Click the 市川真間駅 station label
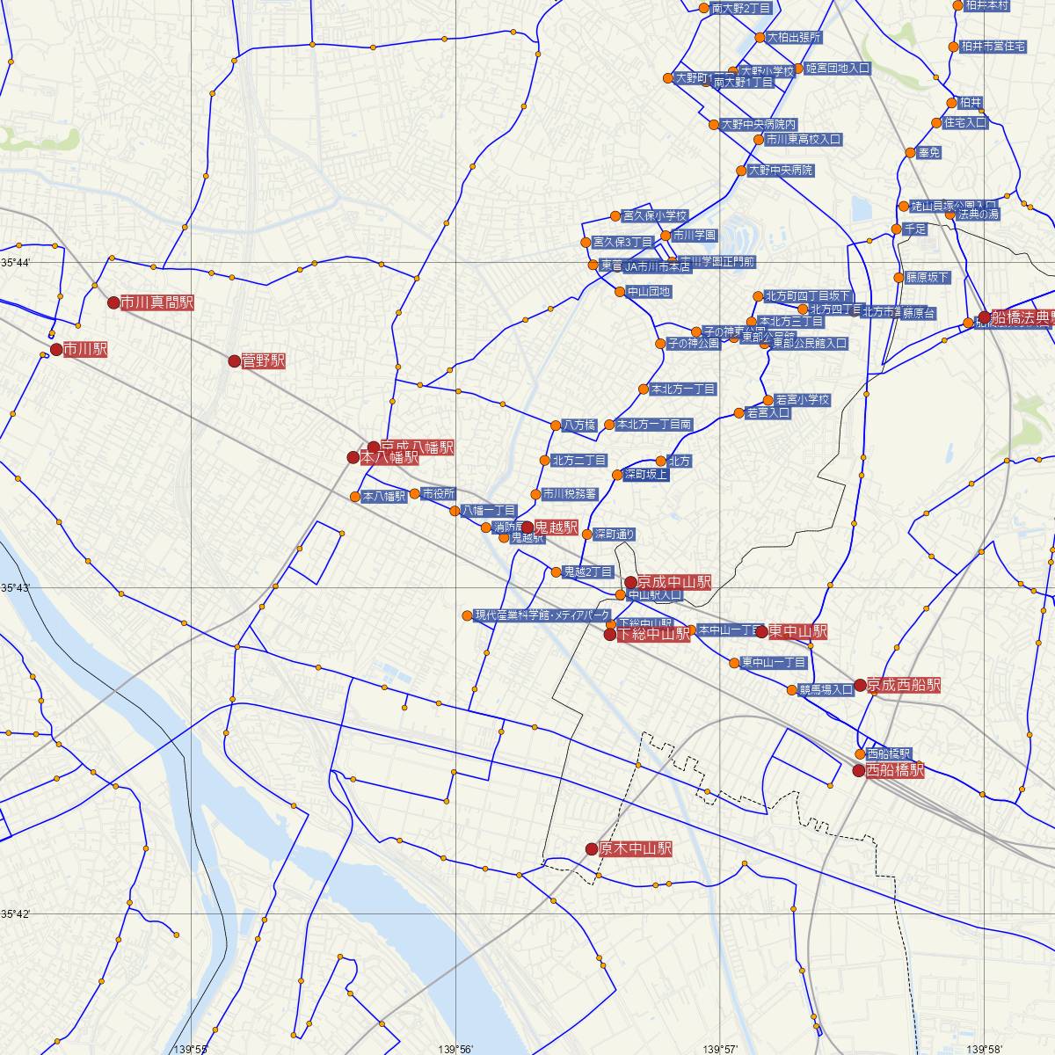point(156,302)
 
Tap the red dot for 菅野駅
point(234,361)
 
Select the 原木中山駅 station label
point(636,849)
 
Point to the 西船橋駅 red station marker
point(858,771)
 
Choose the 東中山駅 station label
point(797,631)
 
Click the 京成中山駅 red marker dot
point(630,582)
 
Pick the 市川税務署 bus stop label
point(570,494)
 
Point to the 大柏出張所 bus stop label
point(795,38)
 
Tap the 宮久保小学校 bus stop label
point(654,215)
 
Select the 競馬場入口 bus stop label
point(826,689)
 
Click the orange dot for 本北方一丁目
point(643,389)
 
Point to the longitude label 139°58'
point(985,1048)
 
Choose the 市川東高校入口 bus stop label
point(803,139)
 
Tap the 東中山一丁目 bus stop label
point(774,662)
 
